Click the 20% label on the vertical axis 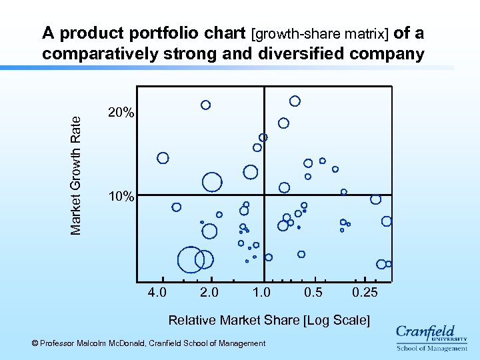tap(121, 114)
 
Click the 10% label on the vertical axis tap(121, 197)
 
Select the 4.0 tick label tap(157, 293)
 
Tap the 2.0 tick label tap(209, 293)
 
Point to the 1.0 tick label tap(261, 293)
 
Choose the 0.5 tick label tap(313, 293)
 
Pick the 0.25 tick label tap(365, 293)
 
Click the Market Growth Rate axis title tap(76, 175)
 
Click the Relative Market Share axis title tap(269, 320)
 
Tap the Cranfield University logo tap(431, 337)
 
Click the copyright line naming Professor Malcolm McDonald tap(149, 343)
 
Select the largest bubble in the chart tap(191, 259)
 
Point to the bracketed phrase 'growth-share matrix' tap(321, 33)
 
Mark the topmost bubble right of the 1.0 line tap(295, 101)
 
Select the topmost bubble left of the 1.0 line tap(206, 105)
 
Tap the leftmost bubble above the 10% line tap(163, 158)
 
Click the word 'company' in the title tap(389, 53)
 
